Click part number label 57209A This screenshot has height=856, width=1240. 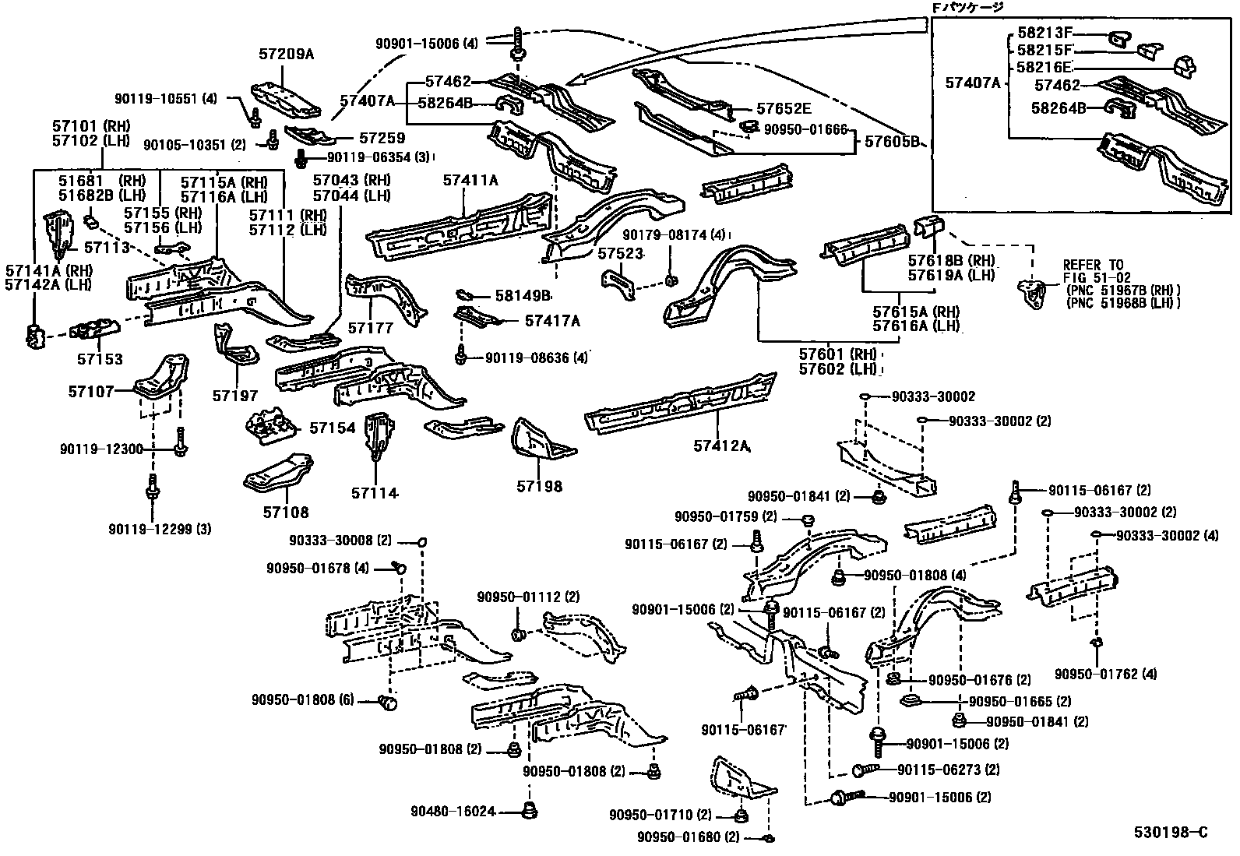(286, 54)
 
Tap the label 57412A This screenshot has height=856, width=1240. (720, 446)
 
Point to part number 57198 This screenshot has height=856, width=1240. (539, 486)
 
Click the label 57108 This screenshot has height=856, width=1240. (285, 512)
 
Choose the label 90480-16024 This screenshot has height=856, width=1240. (453, 812)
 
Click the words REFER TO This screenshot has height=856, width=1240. (1093, 266)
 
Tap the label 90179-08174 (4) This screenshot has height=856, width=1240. (674, 234)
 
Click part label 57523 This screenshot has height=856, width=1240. (621, 254)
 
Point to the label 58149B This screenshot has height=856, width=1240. (523, 296)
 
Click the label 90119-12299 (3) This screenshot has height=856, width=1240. (160, 530)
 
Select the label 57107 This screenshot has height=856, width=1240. (91, 392)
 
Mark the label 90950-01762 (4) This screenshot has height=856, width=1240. (1094, 674)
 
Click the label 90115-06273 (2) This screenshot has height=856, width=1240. (948, 770)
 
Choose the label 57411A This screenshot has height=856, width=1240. (470, 180)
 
